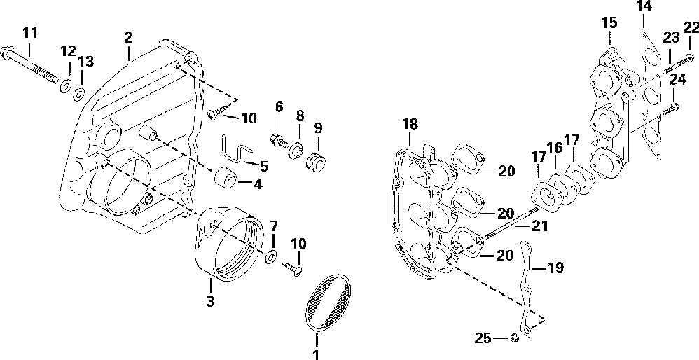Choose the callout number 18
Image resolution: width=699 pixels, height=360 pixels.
[410, 125]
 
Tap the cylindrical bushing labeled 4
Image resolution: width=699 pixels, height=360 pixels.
[227, 178]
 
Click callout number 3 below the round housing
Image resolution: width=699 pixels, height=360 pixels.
[211, 302]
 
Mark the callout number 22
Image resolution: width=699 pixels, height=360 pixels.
[691, 28]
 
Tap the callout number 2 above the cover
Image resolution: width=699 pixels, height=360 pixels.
[128, 36]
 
